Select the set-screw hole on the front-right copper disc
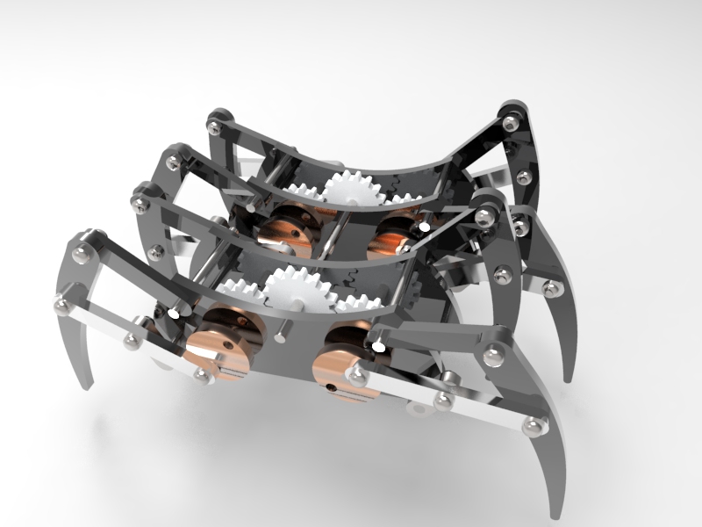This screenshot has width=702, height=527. [332, 385]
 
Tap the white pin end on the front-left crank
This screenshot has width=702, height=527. [175, 312]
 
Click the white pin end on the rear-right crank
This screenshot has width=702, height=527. [424, 226]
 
